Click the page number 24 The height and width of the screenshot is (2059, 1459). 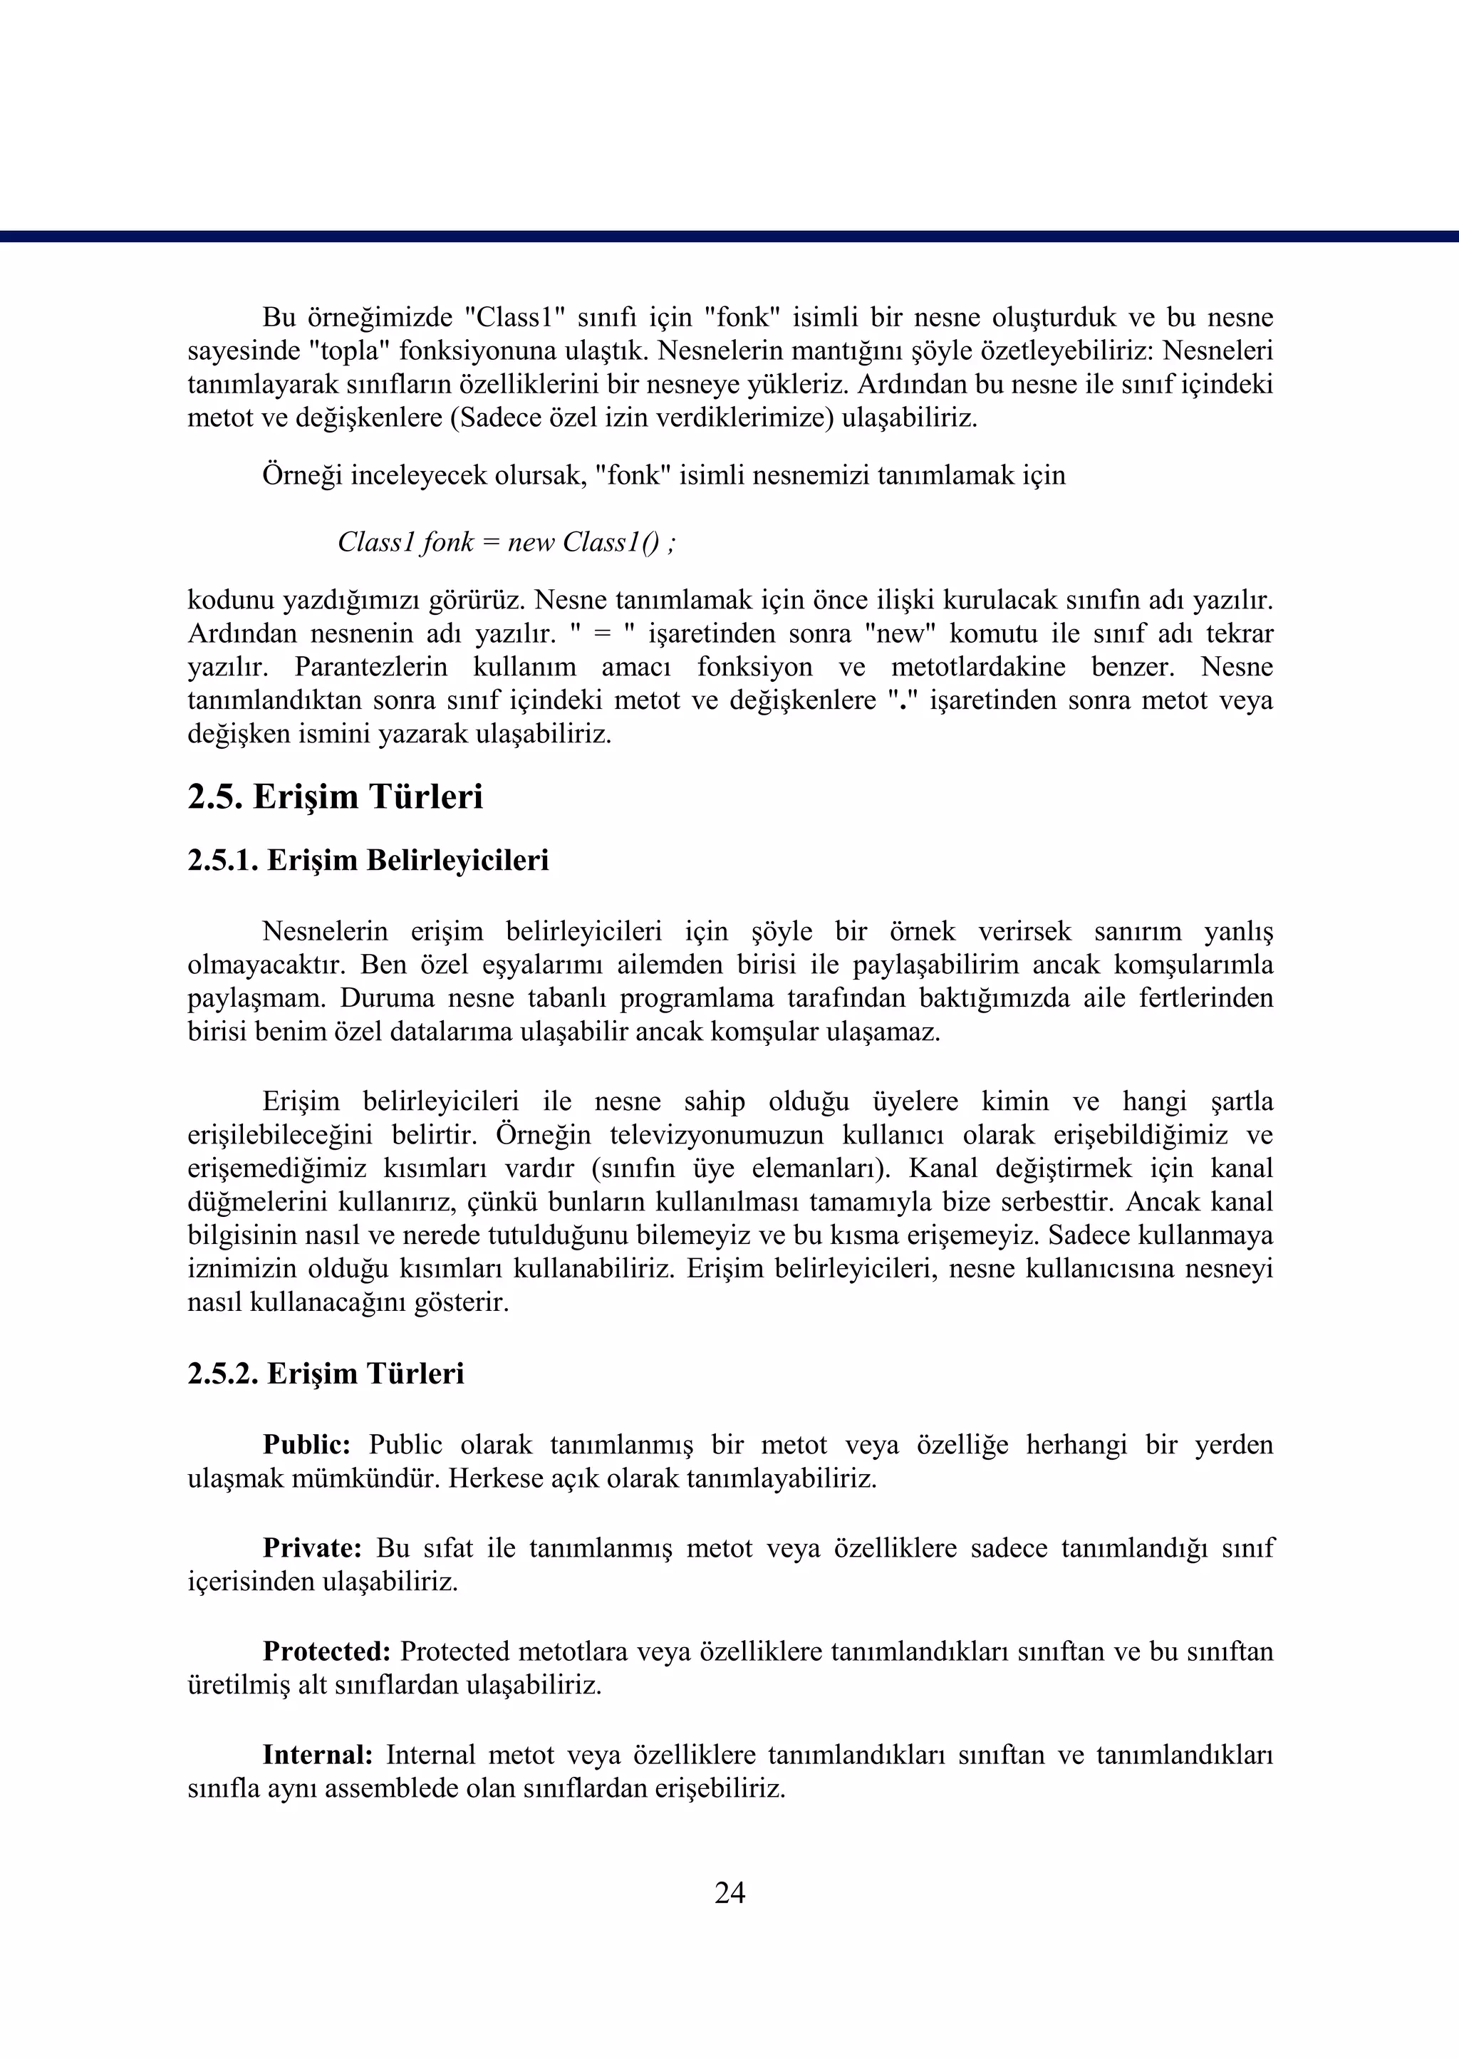click(x=729, y=1893)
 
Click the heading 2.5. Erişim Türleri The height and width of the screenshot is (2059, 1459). click(x=335, y=797)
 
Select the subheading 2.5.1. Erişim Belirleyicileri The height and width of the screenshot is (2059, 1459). click(x=368, y=861)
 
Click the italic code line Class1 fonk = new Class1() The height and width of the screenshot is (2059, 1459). click(x=507, y=543)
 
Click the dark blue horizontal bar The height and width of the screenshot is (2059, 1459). click(x=729, y=237)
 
